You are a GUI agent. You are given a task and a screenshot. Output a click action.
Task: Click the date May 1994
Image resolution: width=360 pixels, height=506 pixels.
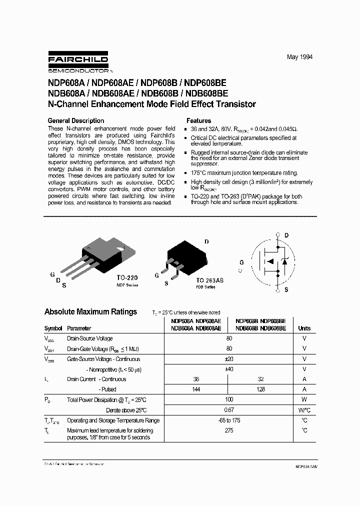tap(299, 57)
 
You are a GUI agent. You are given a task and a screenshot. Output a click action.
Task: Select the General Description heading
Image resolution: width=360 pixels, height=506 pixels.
tap(75, 120)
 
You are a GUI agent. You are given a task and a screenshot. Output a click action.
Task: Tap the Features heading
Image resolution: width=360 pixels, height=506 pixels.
tap(198, 120)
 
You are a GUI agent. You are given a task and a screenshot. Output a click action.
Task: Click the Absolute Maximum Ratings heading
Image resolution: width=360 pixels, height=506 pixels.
tap(90, 311)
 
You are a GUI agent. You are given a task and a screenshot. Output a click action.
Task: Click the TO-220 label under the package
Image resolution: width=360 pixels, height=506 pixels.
tap(127, 277)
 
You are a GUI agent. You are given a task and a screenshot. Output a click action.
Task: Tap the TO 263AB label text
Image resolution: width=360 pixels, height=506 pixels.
tap(209, 280)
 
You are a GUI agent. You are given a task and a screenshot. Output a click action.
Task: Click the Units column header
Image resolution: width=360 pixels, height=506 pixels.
tap(304, 328)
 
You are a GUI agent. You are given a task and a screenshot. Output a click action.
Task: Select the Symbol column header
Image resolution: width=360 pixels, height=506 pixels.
tap(53, 328)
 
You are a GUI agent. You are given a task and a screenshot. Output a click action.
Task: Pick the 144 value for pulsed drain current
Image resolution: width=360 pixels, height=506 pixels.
tap(196, 389)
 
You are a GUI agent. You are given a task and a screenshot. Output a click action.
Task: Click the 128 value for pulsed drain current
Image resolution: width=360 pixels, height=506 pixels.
tap(260, 389)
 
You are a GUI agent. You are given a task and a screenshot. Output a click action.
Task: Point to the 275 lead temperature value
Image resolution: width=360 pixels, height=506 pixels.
tap(229, 430)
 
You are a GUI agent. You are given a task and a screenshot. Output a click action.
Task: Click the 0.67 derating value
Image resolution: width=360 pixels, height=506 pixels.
tap(229, 410)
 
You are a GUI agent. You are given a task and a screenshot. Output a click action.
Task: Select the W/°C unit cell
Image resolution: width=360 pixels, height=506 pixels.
tap(304, 410)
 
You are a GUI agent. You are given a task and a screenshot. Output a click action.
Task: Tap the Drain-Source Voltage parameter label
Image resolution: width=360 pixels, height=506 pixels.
tap(89, 338)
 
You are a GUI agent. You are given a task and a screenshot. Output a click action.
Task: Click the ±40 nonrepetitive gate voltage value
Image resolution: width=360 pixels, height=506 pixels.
tap(229, 369)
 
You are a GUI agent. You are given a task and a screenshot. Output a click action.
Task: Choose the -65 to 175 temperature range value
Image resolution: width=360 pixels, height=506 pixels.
tap(229, 420)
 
